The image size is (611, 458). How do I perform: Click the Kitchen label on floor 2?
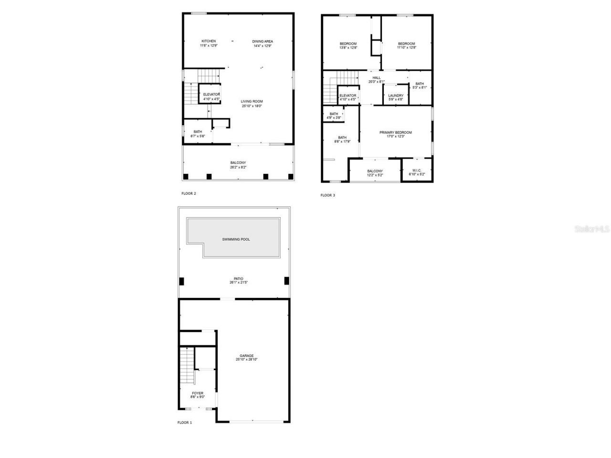209,41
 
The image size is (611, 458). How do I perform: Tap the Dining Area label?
263,42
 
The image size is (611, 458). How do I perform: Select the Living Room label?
252,101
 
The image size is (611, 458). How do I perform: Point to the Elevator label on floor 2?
211,95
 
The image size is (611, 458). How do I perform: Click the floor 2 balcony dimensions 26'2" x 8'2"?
238,168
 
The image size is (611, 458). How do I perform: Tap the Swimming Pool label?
236,239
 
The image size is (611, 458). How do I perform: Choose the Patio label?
238,278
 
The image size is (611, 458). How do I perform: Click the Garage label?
247,356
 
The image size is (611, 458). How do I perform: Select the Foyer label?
198,393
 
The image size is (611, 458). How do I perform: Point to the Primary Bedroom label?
395,132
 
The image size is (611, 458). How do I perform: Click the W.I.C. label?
416,170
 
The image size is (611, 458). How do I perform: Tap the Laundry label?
396,96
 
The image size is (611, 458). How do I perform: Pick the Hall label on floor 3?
377,77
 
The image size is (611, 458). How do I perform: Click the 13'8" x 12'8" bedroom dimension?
348,48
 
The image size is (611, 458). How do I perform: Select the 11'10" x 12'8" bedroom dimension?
406,48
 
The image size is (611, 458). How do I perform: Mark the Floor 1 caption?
184,423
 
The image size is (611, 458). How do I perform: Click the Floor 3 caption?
327,195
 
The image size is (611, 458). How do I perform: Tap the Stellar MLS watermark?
591,229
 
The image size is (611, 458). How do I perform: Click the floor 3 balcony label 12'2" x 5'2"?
375,175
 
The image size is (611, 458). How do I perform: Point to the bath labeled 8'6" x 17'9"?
342,141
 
